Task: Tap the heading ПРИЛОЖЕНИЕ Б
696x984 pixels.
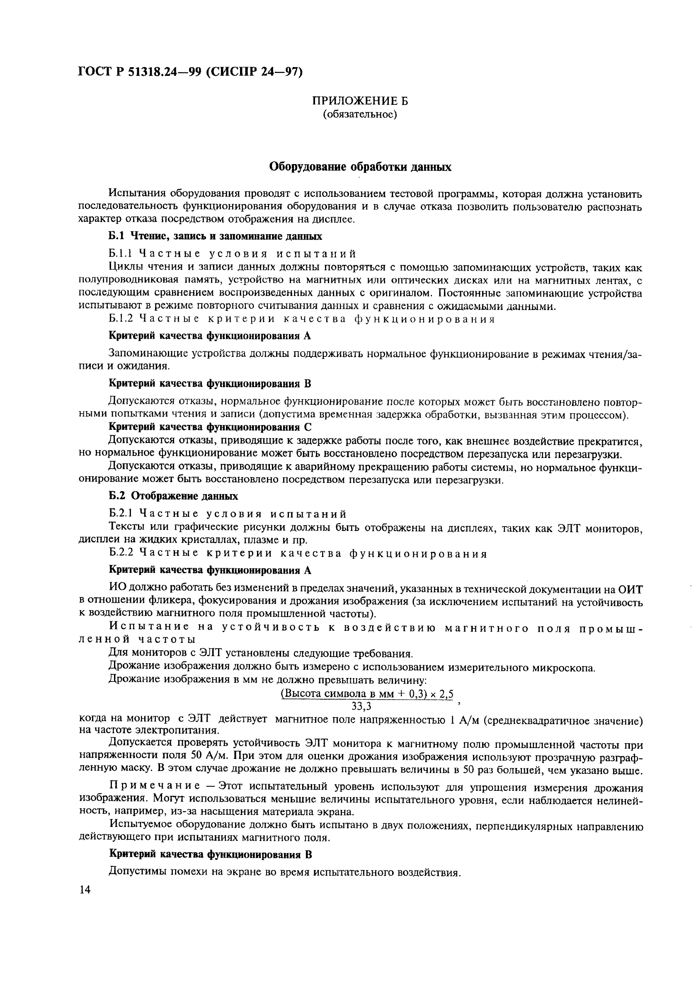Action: pos(359,101)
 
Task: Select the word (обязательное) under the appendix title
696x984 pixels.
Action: pos(359,114)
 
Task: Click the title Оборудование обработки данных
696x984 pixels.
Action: pos(359,167)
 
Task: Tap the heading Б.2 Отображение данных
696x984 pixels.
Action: pos(173,496)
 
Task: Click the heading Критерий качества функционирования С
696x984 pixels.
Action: pos(210,427)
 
